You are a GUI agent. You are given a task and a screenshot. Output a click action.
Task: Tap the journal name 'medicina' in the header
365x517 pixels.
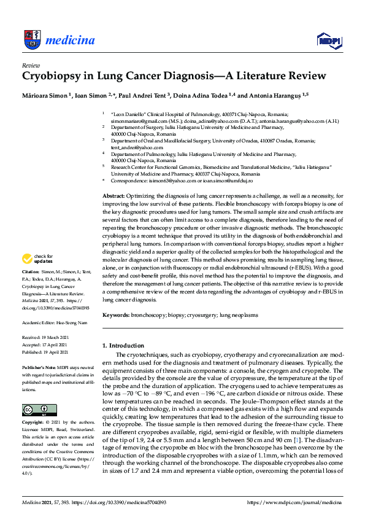[70, 41]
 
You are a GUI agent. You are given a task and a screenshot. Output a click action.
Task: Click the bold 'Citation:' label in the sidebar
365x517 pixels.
[31, 288]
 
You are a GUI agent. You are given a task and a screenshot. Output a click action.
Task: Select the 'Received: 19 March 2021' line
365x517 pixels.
[47, 338]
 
